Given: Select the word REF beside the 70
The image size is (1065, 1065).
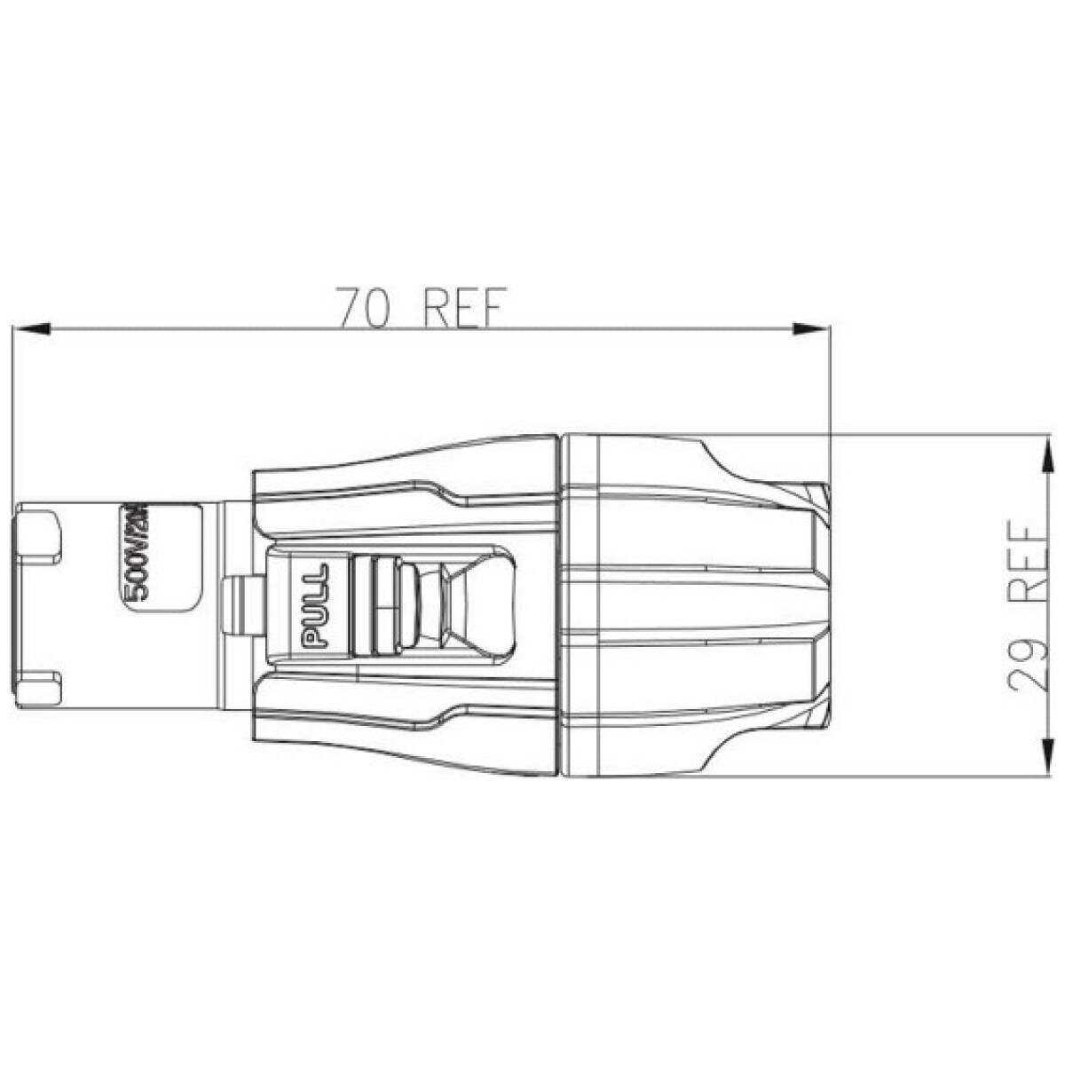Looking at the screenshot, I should tap(462, 308).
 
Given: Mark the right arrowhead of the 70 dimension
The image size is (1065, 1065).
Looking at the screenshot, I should tap(806, 329).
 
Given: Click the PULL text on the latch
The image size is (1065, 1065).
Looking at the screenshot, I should tap(316, 605).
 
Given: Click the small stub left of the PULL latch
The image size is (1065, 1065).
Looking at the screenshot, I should tap(237, 605).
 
